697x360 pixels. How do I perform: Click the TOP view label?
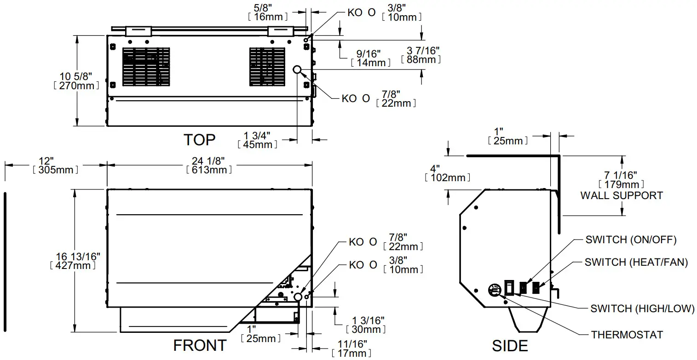tap(199, 139)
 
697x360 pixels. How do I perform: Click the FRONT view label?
tap(200, 345)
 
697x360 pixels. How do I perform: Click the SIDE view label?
tap(510, 345)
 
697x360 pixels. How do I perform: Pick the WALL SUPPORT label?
tap(621, 195)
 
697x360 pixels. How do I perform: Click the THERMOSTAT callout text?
tap(627, 334)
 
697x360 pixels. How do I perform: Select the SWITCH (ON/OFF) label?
tap(631, 240)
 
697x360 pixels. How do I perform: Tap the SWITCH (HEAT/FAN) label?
tap(636, 263)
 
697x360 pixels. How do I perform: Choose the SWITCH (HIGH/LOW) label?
tap(642, 309)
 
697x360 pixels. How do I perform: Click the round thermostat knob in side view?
tap(494, 291)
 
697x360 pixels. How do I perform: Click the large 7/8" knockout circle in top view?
tap(298, 70)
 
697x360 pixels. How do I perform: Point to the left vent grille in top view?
tap(146, 67)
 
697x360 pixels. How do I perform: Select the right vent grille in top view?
tap(267, 67)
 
